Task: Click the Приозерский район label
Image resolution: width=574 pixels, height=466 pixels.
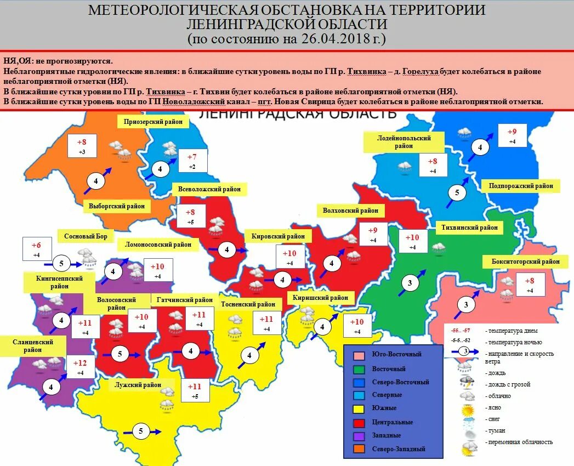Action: [x=150, y=122]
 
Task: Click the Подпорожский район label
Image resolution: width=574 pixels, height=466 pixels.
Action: [x=521, y=186]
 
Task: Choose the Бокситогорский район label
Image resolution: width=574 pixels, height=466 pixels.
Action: [x=522, y=262]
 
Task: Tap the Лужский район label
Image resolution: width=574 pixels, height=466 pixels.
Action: [x=138, y=385]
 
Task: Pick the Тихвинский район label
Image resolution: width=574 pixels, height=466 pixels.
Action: [x=470, y=227]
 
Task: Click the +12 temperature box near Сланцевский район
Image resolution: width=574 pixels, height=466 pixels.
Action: [x=79, y=367]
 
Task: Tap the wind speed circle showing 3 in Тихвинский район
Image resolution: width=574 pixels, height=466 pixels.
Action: [x=410, y=283]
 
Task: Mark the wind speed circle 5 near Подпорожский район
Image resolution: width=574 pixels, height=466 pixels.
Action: [x=457, y=194]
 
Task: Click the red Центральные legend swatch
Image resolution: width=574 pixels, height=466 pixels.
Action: [x=359, y=422]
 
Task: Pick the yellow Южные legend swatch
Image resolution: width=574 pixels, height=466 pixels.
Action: [x=359, y=408]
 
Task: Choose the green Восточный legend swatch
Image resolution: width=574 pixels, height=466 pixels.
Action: [x=359, y=369]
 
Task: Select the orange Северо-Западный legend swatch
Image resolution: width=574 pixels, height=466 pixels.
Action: [x=359, y=449]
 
